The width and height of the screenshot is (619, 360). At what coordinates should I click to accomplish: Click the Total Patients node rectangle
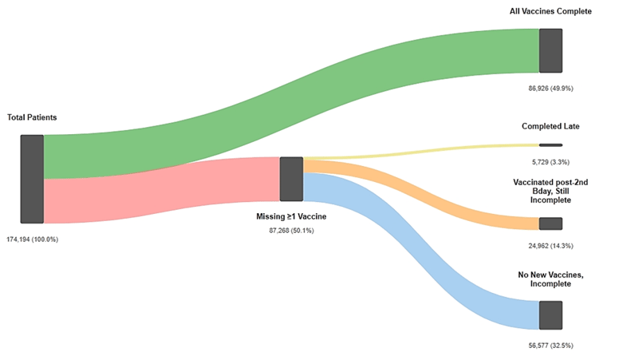32,179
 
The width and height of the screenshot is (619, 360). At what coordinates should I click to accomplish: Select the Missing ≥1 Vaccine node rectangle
291,179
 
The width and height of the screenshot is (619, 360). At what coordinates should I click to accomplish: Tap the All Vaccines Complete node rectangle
550,50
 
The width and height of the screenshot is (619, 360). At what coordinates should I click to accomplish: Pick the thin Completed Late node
550,145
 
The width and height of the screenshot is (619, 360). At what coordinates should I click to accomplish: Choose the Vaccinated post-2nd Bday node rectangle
550,224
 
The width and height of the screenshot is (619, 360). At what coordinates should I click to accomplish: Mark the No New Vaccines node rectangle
550,315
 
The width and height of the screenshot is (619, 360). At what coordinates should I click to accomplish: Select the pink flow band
162,190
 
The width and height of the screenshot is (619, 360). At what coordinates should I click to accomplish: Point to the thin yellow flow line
421,152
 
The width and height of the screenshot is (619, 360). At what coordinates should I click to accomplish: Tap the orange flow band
421,194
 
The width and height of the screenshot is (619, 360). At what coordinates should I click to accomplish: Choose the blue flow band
421,251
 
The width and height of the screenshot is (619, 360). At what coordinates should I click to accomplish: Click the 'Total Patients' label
32,117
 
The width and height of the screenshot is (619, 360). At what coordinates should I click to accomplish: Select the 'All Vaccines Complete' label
550,11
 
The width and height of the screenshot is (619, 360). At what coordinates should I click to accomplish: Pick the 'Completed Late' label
550,126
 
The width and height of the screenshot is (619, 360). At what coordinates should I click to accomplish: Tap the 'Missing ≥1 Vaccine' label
291,216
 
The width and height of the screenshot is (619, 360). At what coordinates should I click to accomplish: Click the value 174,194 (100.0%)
33,239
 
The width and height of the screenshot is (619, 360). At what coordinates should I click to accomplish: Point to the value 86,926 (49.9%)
550,89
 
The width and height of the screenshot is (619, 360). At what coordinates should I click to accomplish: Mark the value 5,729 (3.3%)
550,162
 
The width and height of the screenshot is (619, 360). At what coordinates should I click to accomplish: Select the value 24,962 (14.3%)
550,246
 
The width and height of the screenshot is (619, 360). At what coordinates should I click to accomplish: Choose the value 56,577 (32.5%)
550,346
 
